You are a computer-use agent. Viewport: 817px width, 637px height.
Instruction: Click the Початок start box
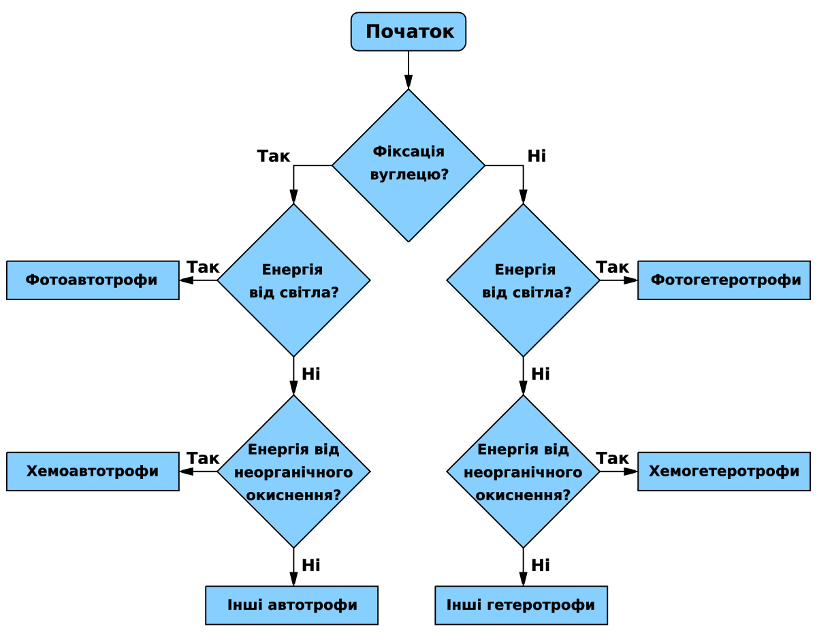[408, 31]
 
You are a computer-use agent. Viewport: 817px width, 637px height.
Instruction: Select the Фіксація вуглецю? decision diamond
[408, 165]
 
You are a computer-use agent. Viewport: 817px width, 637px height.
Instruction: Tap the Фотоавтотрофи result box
[93, 280]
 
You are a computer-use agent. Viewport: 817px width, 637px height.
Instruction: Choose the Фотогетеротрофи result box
[724, 280]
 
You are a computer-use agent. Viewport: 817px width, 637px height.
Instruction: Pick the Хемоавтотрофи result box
[93, 471]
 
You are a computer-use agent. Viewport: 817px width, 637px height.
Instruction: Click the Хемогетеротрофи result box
[724, 471]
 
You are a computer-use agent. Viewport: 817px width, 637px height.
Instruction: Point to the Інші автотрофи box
[292, 605]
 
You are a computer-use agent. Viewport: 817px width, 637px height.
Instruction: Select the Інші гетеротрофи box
[521, 605]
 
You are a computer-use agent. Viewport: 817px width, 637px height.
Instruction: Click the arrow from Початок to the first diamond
[408, 70]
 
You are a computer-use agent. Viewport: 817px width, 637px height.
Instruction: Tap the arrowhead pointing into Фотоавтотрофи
[187, 280]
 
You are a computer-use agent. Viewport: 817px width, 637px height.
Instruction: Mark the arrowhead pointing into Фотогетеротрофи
[631, 280]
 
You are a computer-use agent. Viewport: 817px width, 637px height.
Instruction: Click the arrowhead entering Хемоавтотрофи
[187, 471]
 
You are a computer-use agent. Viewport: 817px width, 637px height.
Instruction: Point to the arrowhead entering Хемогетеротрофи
[631, 471]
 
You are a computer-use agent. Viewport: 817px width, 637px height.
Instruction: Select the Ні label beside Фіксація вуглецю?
[536, 156]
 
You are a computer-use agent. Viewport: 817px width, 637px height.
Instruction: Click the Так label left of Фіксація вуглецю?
[273, 156]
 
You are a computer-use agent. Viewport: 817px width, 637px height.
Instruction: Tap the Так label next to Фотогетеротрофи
[612, 267]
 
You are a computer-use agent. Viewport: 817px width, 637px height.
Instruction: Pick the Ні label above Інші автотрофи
[311, 566]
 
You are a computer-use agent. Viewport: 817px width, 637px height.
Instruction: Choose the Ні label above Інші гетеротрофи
[541, 566]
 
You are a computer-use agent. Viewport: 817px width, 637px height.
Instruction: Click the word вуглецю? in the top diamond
[409, 175]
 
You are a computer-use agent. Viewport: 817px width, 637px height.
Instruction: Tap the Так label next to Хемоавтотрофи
[203, 459]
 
